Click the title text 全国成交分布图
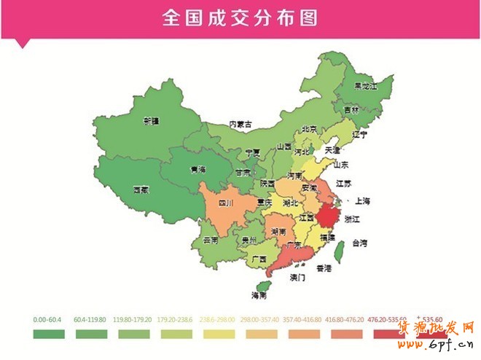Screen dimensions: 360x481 pyautogui.click(x=240, y=17)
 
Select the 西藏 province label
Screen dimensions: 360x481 pyautogui.click(x=141, y=189)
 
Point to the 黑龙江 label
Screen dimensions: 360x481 pyautogui.click(x=365, y=86)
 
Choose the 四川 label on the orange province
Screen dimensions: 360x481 pyautogui.click(x=225, y=203)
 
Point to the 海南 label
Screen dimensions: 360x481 pyautogui.click(x=259, y=295)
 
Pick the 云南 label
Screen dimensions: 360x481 pyautogui.click(x=211, y=240)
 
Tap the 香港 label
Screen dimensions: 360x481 pyautogui.click(x=324, y=268)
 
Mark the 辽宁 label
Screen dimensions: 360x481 pyautogui.click(x=359, y=135)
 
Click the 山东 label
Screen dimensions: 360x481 pyautogui.click(x=340, y=164)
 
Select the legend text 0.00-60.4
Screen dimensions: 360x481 pyautogui.click(x=48, y=319)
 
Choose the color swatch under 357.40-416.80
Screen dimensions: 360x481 pyautogui.click(x=305, y=334)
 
